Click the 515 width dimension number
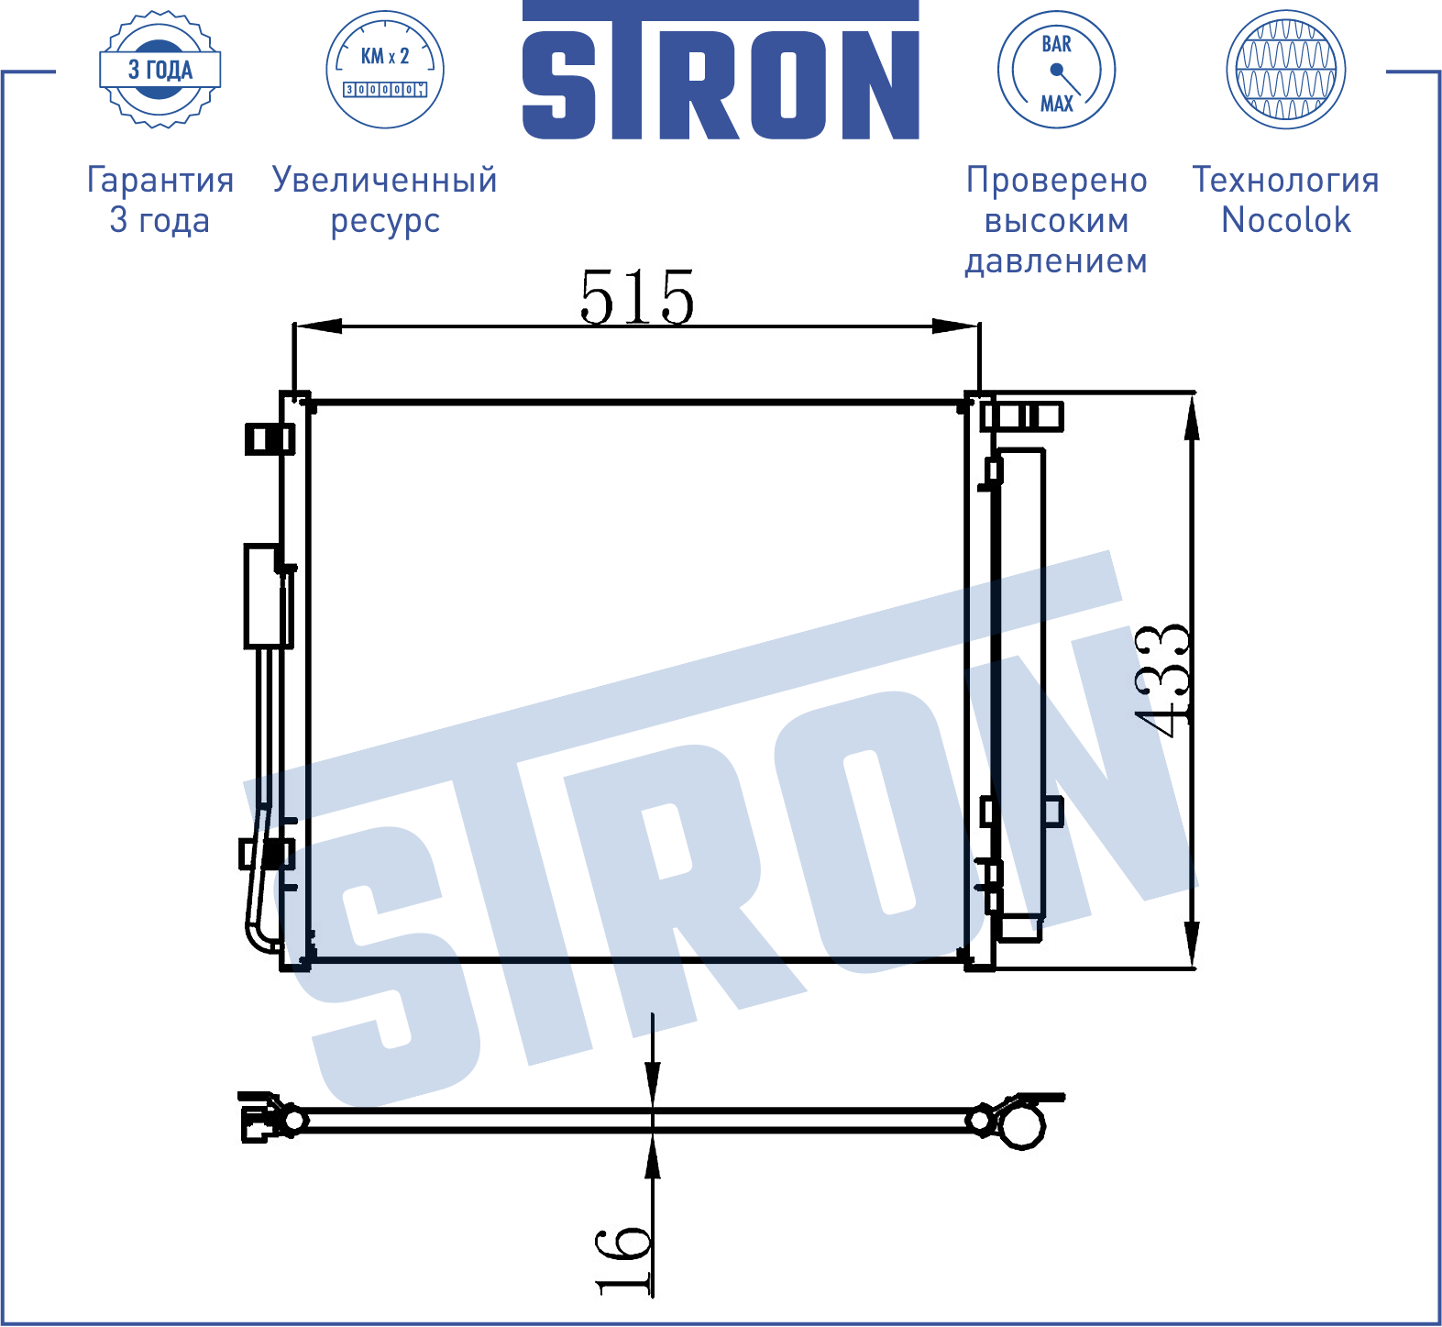pos(637,297)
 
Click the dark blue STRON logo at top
pos(721,71)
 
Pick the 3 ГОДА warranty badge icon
pos(160,70)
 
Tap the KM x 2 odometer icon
pos(385,70)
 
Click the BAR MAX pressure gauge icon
pos(1056,70)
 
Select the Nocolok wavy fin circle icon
pos(1286,70)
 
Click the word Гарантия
pos(160,181)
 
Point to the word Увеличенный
pos(385,180)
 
